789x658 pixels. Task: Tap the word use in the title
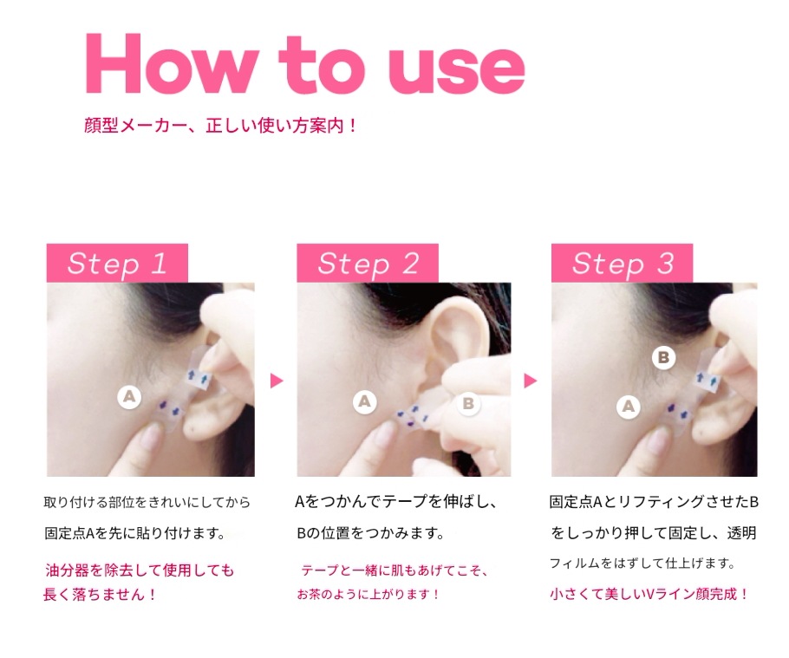456,69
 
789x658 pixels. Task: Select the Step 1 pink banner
117,263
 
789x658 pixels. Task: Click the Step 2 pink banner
368,263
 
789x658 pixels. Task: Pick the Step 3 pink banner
622,263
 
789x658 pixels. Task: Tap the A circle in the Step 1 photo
129,397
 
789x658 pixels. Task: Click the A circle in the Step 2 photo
365,402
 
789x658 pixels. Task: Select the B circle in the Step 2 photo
468,403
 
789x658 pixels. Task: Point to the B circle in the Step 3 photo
663,358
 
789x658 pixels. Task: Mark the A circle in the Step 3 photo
629,406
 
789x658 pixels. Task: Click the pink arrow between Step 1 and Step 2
277,381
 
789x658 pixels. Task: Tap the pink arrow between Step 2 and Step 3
531,381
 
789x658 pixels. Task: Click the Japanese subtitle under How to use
220,125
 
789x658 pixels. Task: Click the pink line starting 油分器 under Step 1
140,570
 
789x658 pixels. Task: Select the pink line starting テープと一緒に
394,570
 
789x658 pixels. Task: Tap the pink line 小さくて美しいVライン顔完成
649,594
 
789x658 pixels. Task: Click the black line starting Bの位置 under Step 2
370,533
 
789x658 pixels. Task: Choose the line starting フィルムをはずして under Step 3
642,564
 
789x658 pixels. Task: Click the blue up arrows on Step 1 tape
198,377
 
